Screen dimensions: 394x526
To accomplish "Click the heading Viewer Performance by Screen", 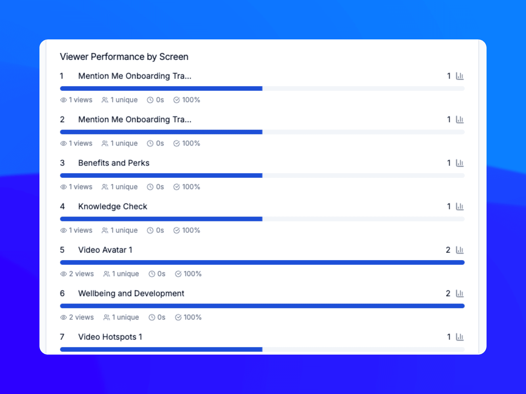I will (124, 57).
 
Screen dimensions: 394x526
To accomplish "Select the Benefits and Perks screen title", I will (114, 163).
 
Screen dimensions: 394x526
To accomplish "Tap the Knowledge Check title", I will (112, 207).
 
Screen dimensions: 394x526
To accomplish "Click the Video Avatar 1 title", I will (105, 250).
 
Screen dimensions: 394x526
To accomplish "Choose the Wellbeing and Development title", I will (131, 294).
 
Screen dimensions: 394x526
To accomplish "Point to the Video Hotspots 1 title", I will (110, 337).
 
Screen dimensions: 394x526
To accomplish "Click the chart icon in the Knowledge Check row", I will (460, 207).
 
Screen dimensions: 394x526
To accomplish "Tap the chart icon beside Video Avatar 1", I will (460, 250).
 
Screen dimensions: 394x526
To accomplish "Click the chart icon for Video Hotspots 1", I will (460, 337).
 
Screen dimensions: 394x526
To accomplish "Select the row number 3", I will (62, 163).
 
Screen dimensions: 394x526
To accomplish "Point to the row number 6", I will (62, 294).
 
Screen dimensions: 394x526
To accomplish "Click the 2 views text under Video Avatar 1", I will (81, 274).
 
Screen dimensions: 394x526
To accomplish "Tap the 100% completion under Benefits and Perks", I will (191, 187).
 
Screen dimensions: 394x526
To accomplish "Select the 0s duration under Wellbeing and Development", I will (161, 317).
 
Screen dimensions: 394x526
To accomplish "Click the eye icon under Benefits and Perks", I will (63, 187).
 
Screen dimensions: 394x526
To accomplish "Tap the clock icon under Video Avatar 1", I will (152, 274).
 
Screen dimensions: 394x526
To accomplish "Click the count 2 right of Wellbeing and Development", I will (448, 294).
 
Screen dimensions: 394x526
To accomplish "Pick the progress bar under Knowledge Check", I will (262, 219).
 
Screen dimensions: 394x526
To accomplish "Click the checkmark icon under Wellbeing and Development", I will (178, 317).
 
